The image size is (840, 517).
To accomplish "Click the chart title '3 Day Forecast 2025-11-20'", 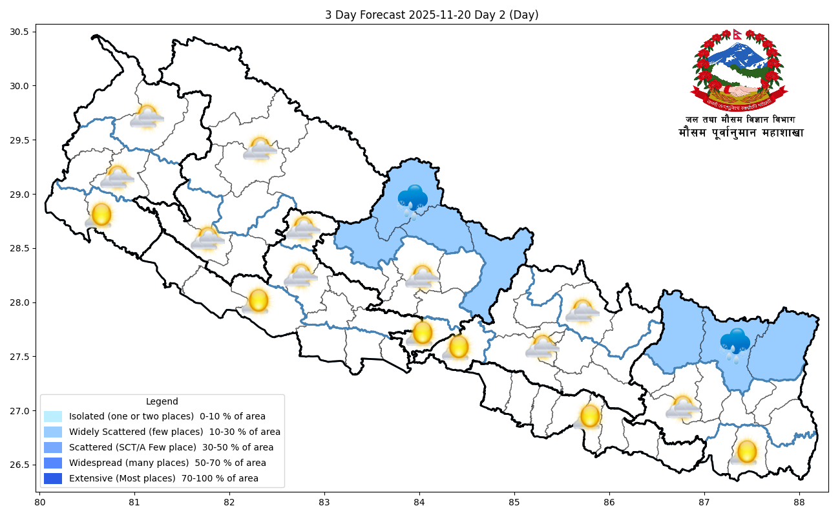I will [432, 15].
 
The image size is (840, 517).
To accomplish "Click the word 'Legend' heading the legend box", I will [162, 401].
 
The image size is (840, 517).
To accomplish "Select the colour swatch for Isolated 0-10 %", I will [53, 417].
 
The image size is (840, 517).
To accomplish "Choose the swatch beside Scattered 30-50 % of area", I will [53, 448].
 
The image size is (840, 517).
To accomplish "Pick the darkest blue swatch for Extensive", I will [53, 479].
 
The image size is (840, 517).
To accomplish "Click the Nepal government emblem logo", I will [740, 70].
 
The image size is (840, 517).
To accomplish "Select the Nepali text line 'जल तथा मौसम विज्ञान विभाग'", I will [740, 120].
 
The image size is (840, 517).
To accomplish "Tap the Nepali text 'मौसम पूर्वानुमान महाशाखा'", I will [740, 133].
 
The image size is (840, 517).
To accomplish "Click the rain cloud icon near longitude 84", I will [412, 200].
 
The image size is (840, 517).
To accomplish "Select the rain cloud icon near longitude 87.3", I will [735, 343].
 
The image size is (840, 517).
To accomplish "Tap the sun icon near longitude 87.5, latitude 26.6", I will [746, 452].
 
